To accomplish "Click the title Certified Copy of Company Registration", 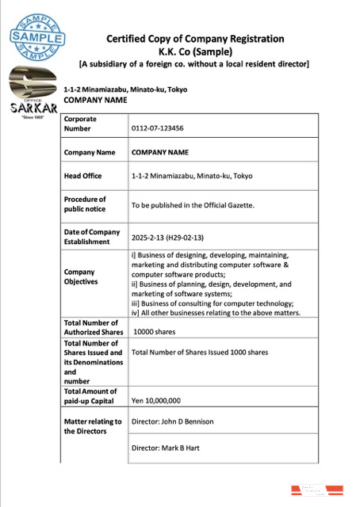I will tap(194, 39).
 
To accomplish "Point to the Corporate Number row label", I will tap(82, 123).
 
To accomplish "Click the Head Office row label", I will tap(82, 176).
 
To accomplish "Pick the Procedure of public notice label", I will tap(85, 204).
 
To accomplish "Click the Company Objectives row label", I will tap(81, 276).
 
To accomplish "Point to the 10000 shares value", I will tap(156, 332).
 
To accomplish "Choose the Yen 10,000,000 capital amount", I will tap(156, 400).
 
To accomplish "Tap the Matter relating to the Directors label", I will tap(93, 426).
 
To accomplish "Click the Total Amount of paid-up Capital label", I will tap(90, 396).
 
